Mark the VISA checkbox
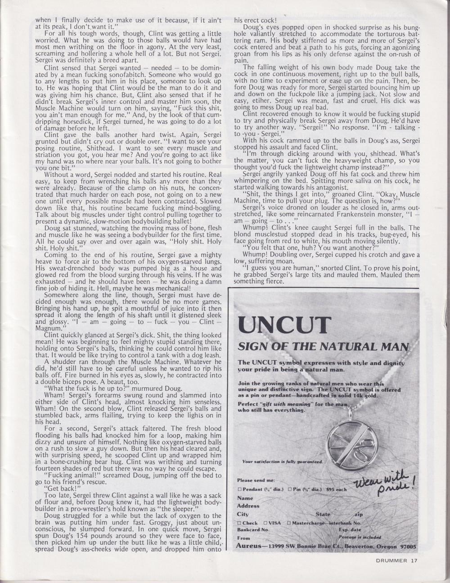point(265,523)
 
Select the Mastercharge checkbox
point(290,523)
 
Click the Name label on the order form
point(245,498)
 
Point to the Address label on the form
point(248,506)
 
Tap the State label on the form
point(323,514)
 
